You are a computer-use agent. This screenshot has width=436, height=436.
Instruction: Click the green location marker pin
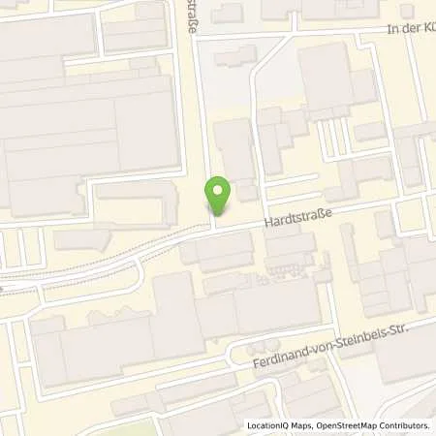click(220, 195)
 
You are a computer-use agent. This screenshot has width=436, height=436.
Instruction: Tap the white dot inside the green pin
click(220, 190)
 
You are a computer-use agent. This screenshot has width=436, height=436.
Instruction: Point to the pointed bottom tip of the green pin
click(220, 215)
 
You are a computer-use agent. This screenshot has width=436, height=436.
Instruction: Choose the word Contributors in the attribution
click(407, 425)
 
